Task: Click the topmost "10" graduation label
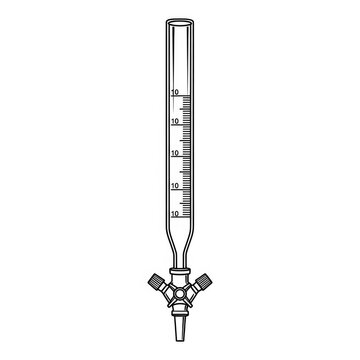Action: pos(175,92)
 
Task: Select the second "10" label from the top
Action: pos(175,122)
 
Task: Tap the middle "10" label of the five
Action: pos(175,153)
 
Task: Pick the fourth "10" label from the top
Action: pos(175,186)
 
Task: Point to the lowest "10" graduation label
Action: pos(175,213)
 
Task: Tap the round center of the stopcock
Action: pos(180,294)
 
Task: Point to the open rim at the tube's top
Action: pos(180,22)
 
